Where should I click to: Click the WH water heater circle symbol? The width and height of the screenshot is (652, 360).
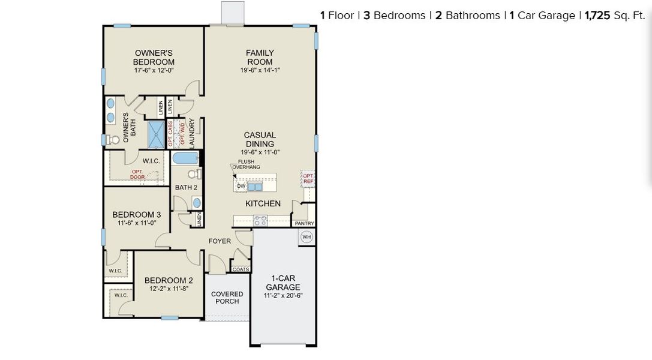pyautogui.click(x=307, y=237)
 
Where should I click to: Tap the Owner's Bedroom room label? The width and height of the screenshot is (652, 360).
pyautogui.click(x=154, y=58)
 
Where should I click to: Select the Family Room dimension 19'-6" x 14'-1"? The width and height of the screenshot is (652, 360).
pyautogui.click(x=260, y=70)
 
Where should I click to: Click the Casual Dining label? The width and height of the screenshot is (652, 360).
pyautogui.click(x=260, y=139)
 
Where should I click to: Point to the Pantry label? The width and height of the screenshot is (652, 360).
pyautogui.click(x=305, y=223)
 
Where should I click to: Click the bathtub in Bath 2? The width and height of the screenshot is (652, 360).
pyautogui.click(x=185, y=158)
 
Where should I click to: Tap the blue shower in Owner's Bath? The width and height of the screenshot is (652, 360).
pyautogui.click(x=156, y=134)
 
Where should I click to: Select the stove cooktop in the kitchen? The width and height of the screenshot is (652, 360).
pyautogui.click(x=260, y=220)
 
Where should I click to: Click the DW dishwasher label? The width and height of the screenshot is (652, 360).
pyautogui.click(x=241, y=187)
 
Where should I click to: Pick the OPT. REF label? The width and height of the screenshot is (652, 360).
pyautogui.click(x=308, y=178)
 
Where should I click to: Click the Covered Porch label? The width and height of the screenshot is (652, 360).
pyautogui.click(x=227, y=298)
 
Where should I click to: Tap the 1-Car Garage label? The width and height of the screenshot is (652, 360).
pyautogui.click(x=283, y=283)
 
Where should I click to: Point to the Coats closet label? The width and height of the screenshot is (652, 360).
pyautogui.click(x=241, y=269)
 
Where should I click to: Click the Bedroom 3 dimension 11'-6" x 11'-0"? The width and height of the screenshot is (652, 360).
pyautogui.click(x=137, y=223)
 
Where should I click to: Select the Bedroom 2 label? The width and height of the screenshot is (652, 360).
pyautogui.click(x=169, y=280)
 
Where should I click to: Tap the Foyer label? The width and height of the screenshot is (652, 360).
pyautogui.click(x=220, y=241)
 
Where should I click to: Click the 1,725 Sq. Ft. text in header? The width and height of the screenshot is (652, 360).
pyautogui.click(x=615, y=16)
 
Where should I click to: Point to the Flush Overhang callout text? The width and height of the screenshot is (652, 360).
pyautogui.click(x=249, y=164)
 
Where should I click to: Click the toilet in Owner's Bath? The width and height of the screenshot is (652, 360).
pyautogui.click(x=113, y=140)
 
